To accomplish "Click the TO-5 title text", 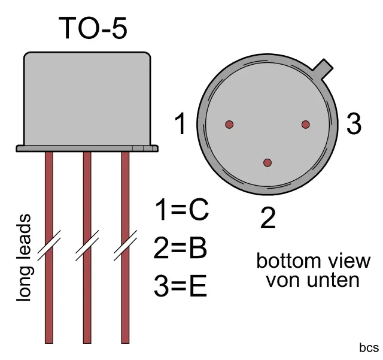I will [93, 28].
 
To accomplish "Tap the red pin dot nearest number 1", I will [229, 125].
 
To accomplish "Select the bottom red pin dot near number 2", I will [268, 162].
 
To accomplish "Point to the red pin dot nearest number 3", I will [305, 125].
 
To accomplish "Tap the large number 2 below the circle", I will [268, 219].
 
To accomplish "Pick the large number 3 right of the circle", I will [354, 124].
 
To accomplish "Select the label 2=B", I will [180, 249].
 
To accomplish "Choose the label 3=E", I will [180, 288].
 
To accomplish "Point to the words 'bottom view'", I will [313, 261].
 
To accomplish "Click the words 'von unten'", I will [313, 280].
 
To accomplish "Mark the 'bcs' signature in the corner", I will [369, 347].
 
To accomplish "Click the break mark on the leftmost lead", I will [49, 246].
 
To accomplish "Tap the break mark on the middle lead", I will [87, 246].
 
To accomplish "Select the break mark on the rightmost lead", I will [126, 246].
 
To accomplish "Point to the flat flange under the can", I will [87, 147].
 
